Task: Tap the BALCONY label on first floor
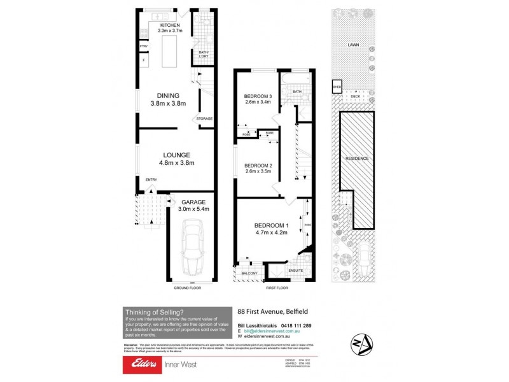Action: coord(248,274)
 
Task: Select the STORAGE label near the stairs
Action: coord(204,119)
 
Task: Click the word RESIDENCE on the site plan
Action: coord(357,158)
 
